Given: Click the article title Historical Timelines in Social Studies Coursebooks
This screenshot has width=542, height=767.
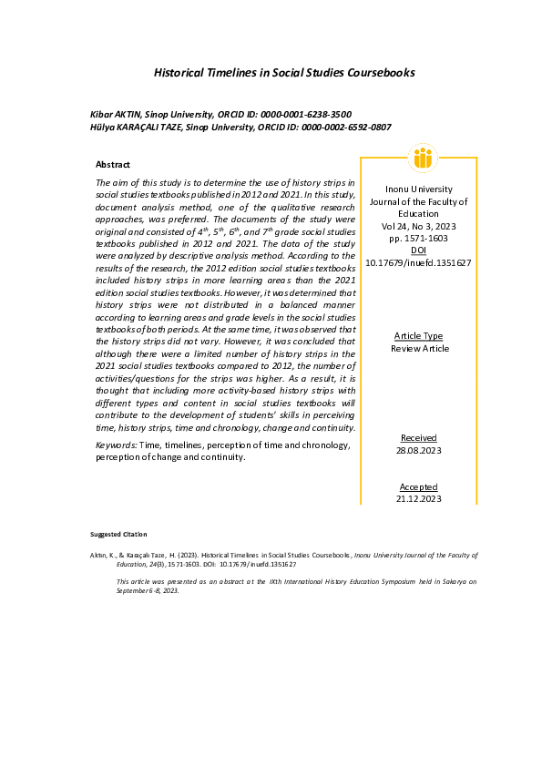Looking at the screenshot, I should tap(285, 72).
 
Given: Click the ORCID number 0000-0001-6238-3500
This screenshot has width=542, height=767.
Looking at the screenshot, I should tap(307, 115).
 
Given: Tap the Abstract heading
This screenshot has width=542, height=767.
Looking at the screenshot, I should tap(113, 165).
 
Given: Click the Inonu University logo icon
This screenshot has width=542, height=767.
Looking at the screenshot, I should tap(422, 159).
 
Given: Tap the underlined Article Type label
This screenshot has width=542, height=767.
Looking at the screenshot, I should tap(419, 336).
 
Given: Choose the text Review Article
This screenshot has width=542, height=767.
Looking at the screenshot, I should tap(419, 349).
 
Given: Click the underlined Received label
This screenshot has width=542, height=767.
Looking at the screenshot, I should tap(419, 438).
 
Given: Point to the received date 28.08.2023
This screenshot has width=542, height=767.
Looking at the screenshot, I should tap(419, 451).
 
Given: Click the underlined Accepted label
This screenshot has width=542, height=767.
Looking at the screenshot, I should tap(419, 487).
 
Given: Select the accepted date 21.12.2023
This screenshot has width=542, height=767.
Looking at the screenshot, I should tap(419, 499).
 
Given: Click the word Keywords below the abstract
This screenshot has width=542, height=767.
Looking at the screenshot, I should tap(116, 445).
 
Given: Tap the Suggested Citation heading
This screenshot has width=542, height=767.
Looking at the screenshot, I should tap(118, 534).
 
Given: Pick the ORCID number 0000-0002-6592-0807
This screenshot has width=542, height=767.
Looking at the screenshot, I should tap(345, 128).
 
